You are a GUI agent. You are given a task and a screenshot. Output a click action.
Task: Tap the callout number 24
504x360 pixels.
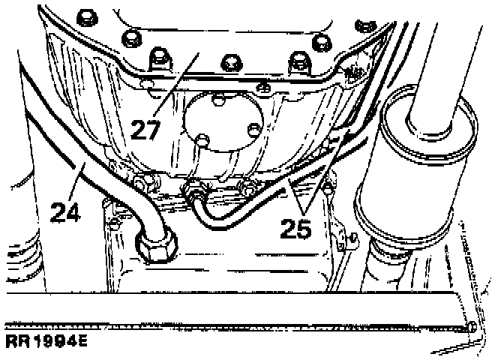coord(66,211)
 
